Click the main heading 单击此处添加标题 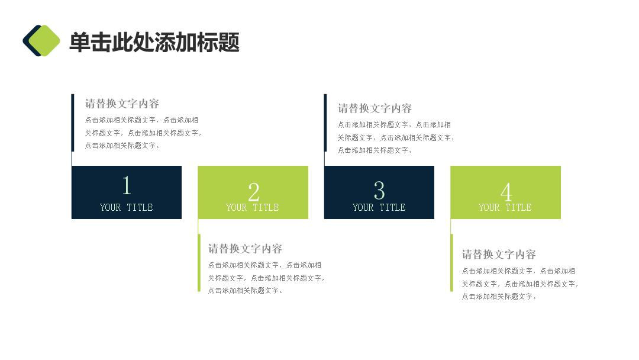coord(154,42)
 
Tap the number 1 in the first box coord(127,185)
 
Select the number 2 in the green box coord(253,192)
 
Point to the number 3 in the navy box coord(379,191)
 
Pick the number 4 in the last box coord(506,192)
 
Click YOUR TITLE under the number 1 coord(127,207)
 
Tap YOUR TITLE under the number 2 coord(252,207)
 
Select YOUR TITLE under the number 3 coord(379,207)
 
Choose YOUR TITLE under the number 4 coord(505,207)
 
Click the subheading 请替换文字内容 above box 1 coord(122,104)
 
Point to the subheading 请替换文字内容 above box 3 coord(375,108)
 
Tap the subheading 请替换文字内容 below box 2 coord(245,249)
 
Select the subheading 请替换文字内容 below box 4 coord(498,255)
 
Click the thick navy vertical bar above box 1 coord(73,123)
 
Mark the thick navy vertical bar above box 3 coord(325,123)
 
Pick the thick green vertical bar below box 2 coord(199,263)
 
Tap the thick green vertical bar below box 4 coord(451,263)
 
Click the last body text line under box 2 coord(245,291)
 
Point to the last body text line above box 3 coord(375,150)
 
